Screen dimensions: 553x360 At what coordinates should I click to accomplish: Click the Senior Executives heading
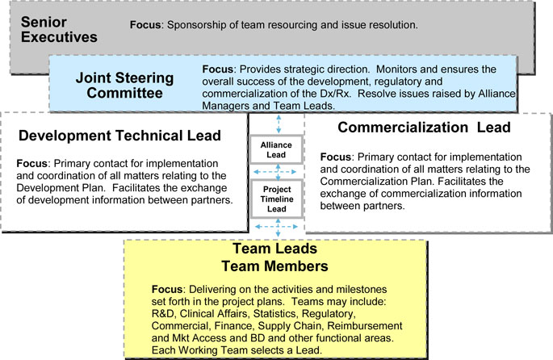pos(59,29)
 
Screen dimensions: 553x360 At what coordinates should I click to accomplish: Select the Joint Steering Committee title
pos(124,86)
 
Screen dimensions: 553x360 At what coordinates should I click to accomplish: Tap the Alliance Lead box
pos(276,149)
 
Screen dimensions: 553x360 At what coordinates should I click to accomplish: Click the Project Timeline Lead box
pos(277,199)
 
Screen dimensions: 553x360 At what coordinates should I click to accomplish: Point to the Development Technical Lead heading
pos(120,136)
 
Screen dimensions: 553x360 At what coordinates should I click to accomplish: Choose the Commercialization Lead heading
pos(424,128)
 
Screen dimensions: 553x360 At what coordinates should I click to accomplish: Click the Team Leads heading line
pos(274,249)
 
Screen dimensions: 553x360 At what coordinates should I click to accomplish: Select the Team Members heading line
pos(274,266)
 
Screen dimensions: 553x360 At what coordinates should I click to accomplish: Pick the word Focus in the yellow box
pos(167,289)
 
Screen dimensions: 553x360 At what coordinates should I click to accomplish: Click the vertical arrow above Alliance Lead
pos(279,123)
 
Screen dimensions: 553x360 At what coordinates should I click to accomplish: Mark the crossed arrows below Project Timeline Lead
pos(276,227)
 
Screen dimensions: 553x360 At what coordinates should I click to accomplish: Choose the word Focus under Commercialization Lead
pos(335,157)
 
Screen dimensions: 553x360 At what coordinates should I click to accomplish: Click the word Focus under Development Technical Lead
pos(31,164)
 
